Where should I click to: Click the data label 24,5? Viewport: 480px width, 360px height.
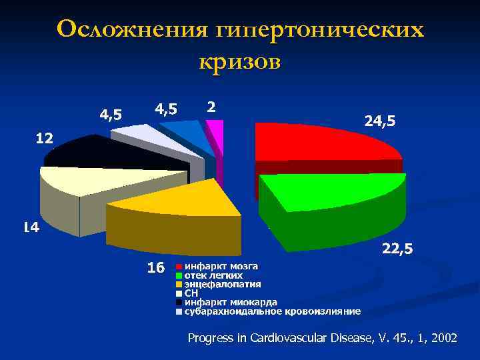click(379, 121)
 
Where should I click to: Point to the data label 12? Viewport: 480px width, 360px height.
click(44, 139)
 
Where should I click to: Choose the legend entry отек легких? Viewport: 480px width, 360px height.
click(213, 275)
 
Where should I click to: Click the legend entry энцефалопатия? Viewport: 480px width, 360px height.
click(218, 284)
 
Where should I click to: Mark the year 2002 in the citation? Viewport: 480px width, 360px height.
click(444, 339)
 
